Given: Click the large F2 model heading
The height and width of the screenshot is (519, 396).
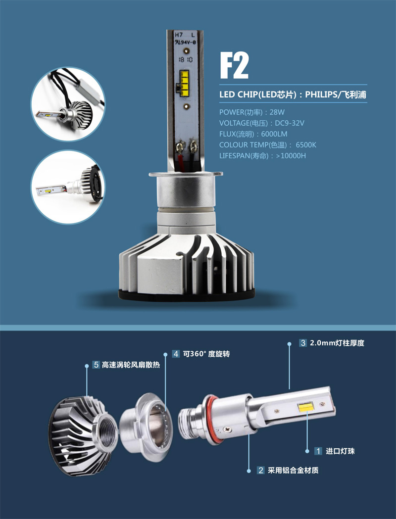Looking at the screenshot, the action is pyautogui.click(x=234, y=65).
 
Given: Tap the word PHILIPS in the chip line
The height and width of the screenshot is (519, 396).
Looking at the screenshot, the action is pyautogui.click(x=320, y=94).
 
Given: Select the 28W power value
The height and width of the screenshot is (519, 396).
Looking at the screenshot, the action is pyautogui.click(x=277, y=112).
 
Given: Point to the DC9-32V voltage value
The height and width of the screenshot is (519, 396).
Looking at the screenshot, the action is pyautogui.click(x=290, y=123).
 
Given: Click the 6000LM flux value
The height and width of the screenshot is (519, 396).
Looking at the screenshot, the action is pyautogui.click(x=274, y=134).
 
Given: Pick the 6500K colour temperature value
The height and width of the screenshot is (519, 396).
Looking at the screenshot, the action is pyautogui.click(x=306, y=145).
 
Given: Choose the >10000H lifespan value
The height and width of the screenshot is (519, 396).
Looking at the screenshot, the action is pyautogui.click(x=291, y=155).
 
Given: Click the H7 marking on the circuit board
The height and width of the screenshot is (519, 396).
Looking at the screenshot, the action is pyautogui.click(x=179, y=35).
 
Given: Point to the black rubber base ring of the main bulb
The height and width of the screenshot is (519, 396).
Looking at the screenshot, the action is pyautogui.click(x=187, y=295).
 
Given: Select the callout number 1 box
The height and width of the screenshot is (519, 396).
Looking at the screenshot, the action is pyautogui.click(x=318, y=451).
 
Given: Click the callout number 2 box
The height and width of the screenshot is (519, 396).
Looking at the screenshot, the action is pyautogui.click(x=261, y=471).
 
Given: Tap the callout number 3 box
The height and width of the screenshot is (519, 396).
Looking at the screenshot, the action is pyautogui.click(x=303, y=343).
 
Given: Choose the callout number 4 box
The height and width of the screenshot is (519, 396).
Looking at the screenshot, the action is pyautogui.click(x=176, y=354).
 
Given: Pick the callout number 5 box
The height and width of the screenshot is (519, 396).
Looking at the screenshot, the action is pyautogui.click(x=97, y=365).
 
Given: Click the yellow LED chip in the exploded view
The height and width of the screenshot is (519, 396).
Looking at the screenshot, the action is pyautogui.click(x=306, y=407).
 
